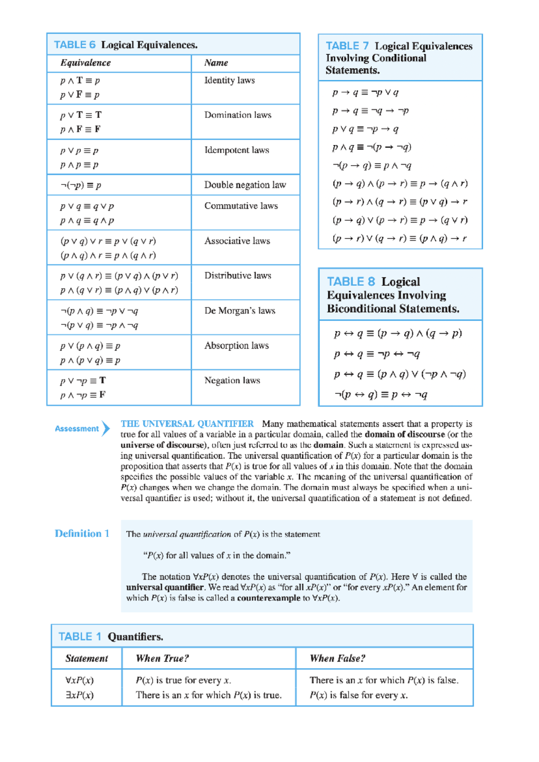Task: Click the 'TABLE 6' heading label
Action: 75,45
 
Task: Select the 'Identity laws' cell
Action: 230,80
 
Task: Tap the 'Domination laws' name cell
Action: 238,115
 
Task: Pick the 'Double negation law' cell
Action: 245,185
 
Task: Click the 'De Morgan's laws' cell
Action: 239,311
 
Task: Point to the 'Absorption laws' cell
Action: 236,345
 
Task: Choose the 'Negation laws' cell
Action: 232,380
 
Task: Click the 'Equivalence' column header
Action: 85,63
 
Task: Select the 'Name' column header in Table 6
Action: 216,63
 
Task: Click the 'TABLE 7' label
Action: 347,46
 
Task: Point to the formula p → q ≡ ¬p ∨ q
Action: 365,92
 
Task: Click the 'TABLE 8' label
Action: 351,282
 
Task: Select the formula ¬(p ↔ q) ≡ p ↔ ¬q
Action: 380,395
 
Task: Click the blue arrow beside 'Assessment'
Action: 106,428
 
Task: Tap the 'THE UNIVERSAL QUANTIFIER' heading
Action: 187,424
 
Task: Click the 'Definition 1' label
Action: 82,533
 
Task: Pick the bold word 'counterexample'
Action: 269,598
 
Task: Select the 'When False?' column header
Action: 337,658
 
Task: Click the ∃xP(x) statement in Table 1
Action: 80,695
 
